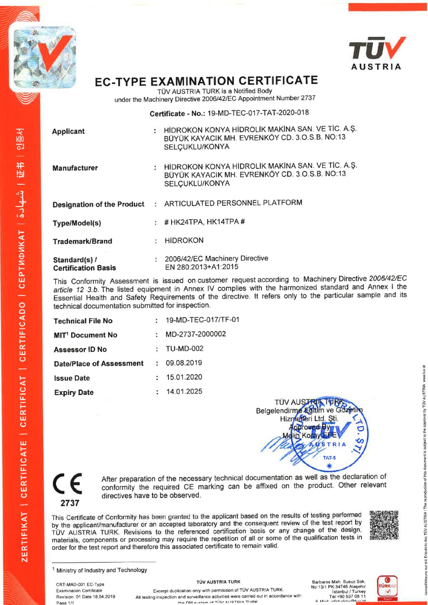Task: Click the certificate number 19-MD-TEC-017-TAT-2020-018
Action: (x=258, y=113)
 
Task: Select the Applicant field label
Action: (x=68, y=131)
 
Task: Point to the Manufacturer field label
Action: (x=75, y=168)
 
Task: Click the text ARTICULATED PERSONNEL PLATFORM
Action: (x=233, y=203)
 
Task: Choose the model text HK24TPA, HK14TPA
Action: (x=205, y=222)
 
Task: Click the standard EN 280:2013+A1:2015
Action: (x=202, y=267)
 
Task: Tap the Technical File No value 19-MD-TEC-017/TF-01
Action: (x=202, y=320)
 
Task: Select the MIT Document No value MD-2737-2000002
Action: (x=195, y=334)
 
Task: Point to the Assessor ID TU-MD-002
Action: (x=184, y=348)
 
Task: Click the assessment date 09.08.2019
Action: (x=184, y=363)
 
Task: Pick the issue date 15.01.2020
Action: (x=184, y=377)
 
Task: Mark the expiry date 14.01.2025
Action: (x=184, y=391)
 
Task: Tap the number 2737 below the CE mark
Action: (x=70, y=503)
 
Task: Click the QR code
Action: (x=384, y=525)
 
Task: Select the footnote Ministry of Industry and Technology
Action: (x=101, y=570)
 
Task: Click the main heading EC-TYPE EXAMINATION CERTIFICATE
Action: (x=206, y=81)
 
